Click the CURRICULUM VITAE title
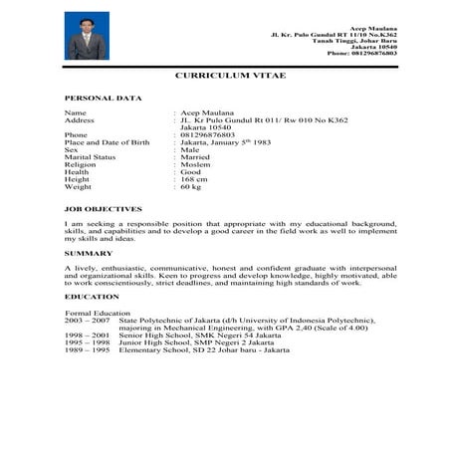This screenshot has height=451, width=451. tap(225, 76)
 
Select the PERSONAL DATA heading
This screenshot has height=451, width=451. tap(103, 99)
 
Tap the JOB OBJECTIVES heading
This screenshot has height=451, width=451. tap(104, 209)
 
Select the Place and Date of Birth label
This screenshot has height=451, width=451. tap(107, 142)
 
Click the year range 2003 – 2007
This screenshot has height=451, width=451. tap(86, 321)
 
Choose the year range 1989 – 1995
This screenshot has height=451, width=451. tap(86, 350)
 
